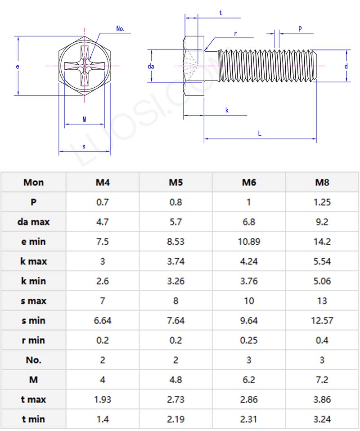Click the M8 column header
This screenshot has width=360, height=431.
(322, 182)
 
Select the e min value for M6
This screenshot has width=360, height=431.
(249, 242)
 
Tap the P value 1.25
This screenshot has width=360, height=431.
(322, 202)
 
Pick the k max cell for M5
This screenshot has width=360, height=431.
(175, 261)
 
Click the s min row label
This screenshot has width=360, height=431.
(34, 320)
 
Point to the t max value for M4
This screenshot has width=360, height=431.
(103, 400)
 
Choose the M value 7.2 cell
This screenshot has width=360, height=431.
(322, 380)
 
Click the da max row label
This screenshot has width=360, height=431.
(34, 222)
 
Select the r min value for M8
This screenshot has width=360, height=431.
(322, 340)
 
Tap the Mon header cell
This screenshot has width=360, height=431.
(34, 182)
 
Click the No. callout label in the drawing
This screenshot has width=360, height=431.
(120, 29)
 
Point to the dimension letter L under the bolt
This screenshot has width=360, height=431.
(260, 133)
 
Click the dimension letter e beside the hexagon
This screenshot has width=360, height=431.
(17, 66)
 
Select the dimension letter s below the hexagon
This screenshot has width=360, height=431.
(84, 146)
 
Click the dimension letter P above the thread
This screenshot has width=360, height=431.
(300, 29)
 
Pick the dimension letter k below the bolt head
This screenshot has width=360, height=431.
(227, 110)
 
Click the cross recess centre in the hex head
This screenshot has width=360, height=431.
(85, 66)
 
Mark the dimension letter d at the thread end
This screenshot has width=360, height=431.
(346, 66)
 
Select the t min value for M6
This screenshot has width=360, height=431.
(249, 419)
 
